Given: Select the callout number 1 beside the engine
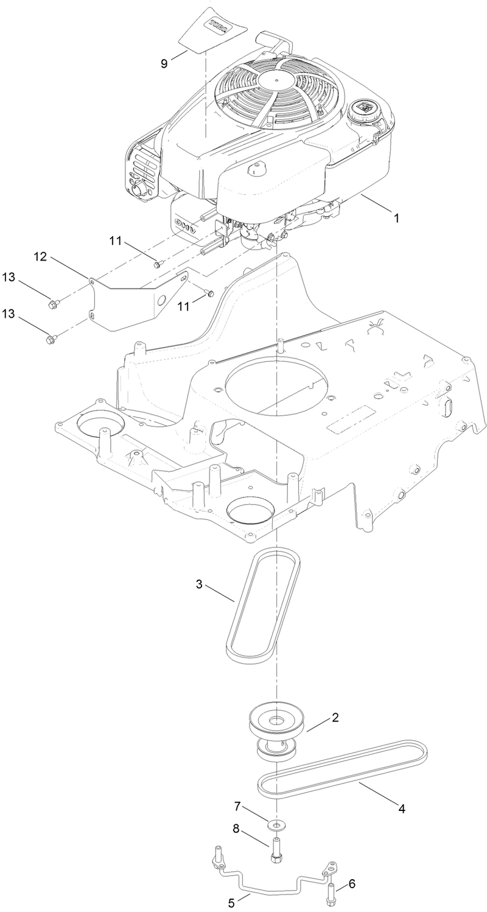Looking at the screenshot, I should click(x=396, y=217).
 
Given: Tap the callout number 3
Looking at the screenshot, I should click(x=199, y=584).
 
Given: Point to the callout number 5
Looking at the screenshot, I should click(x=231, y=902).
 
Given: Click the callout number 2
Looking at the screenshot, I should click(x=334, y=718).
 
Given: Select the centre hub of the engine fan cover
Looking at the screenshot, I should click(x=275, y=80).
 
